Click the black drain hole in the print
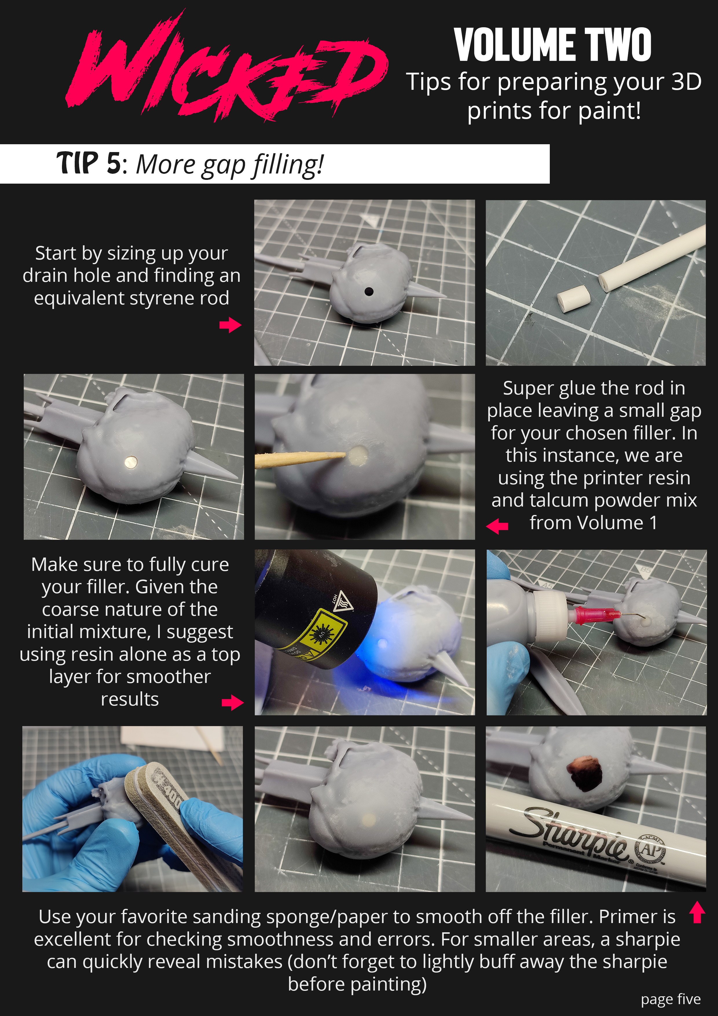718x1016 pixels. pos(369,291)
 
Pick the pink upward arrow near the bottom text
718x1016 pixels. pos(697,912)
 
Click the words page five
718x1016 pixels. pos(671,999)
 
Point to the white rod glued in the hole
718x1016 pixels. pos(130,463)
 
